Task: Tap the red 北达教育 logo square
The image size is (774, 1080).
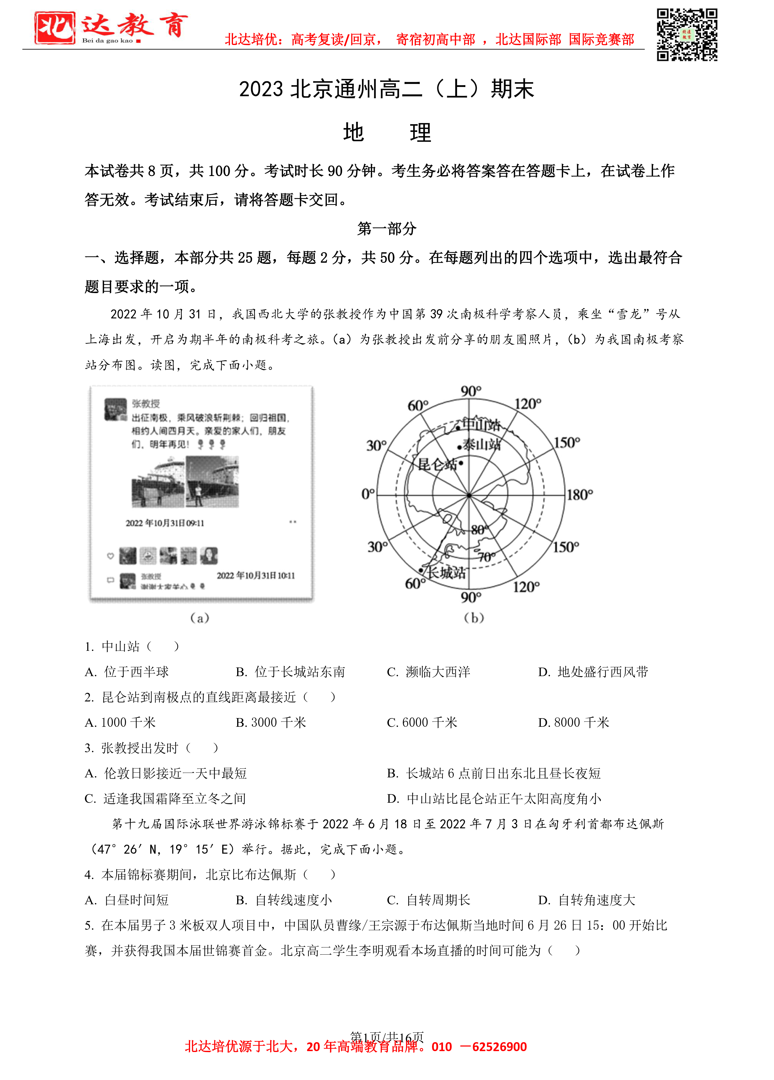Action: click(55, 28)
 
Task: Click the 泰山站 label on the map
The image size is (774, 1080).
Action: click(481, 445)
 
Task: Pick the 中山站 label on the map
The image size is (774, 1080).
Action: click(481, 424)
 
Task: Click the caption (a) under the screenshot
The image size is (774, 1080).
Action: click(200, 618)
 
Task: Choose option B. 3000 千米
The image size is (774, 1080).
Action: click(271, 722)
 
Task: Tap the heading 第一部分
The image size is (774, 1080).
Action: click(387, 228)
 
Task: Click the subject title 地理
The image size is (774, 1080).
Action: click(387, 132)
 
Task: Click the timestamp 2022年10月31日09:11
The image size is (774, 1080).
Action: click(165, 523)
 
